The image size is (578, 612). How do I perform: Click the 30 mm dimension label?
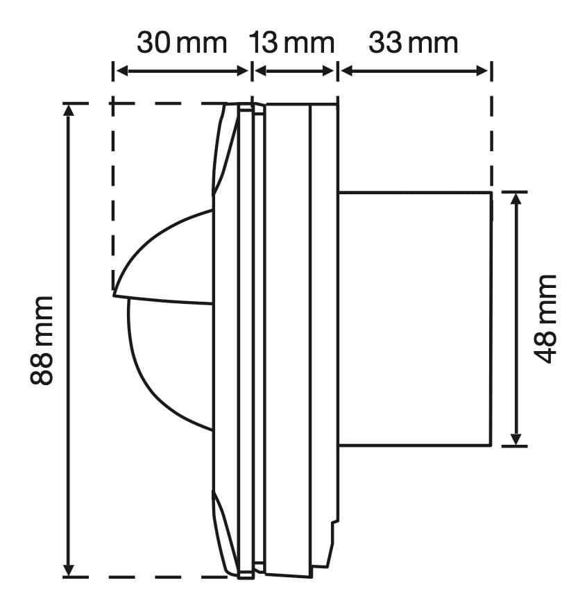[182, 43]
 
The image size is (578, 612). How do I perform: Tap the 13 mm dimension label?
[292, 43]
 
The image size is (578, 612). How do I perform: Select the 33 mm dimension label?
[414, 43]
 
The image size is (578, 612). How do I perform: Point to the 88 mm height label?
[42, 341]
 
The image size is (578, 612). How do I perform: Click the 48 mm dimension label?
[545, 319]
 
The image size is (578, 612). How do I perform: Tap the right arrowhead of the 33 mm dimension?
[482, 71]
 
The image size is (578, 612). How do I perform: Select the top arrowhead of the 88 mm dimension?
[69, 111]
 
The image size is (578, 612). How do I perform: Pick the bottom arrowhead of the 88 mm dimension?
[69, 570]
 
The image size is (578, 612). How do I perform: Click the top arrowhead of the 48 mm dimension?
[516, 199]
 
